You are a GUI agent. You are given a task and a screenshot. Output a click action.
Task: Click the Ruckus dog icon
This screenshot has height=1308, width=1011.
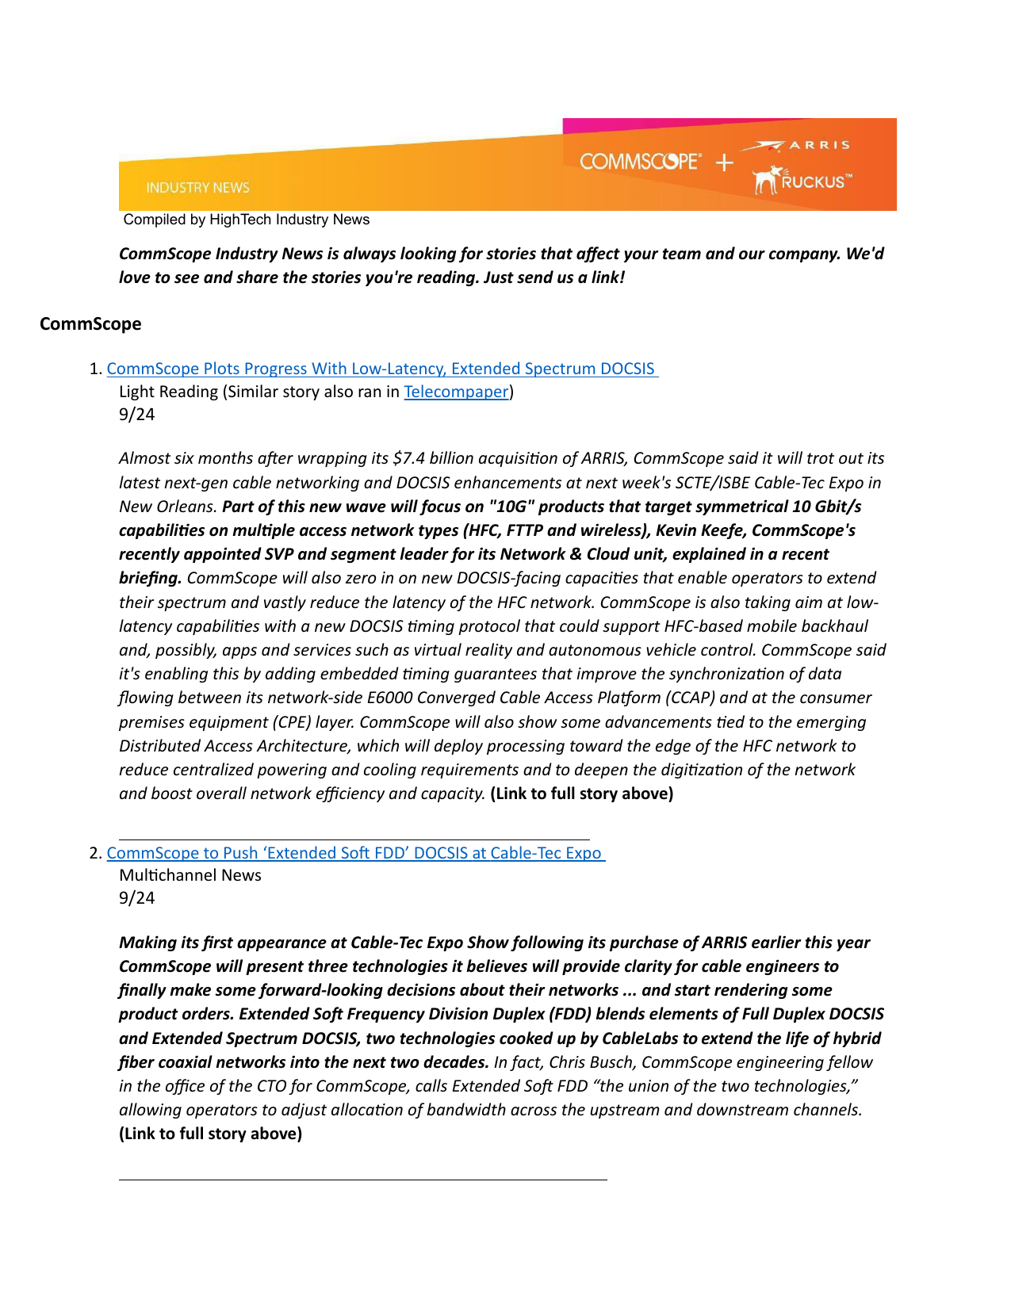(x=766, y=180)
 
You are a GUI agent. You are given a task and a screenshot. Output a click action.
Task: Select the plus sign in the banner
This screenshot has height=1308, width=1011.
(x=724, y=163)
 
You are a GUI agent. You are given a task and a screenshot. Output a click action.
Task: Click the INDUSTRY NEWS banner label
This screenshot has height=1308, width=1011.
(x=197, y=188)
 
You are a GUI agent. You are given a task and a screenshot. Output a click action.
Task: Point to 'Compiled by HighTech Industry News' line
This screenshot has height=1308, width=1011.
(x=247, y=220)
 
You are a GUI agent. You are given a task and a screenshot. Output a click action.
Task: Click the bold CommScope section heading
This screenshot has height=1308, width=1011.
(x=90, y=323)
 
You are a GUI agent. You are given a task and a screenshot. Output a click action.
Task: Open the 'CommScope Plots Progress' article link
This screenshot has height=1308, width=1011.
(x=381, y=369)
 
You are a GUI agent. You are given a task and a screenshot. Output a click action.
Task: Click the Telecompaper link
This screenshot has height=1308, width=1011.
(x=456, y=392)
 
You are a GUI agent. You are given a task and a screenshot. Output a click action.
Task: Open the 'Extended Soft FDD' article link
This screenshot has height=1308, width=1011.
(x=354, y=853)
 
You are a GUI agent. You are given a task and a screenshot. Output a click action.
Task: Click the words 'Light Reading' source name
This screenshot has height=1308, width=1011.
(x=168, y=392)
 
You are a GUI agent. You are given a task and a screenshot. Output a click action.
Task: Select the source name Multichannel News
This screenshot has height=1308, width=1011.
(x=190, y=875)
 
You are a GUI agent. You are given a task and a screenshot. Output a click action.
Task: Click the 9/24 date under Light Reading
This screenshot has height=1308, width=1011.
(x=136, y=415)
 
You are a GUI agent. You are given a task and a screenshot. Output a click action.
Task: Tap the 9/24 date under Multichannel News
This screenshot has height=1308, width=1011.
(x=136, y=898)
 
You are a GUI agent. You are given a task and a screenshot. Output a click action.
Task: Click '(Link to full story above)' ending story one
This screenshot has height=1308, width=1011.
(x=581, y=794)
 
